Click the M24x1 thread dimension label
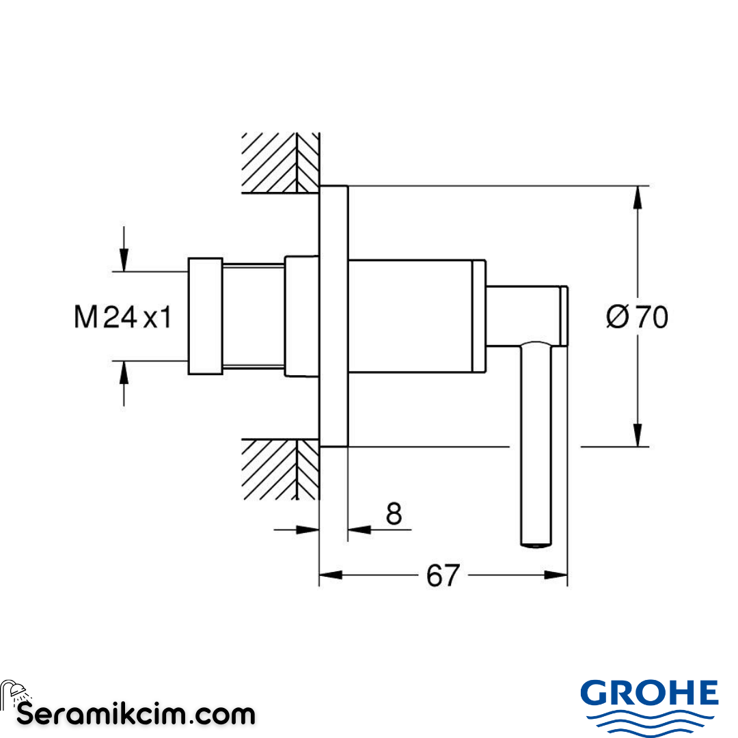click(123, 317)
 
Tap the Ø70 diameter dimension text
click(637, 317)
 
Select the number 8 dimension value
click(394, 513)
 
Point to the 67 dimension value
click(443, 575)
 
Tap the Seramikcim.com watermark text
click(136, 715)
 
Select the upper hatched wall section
click(280, 163)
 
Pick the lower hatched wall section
click(280, 469)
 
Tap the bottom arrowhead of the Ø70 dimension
click(638, 435)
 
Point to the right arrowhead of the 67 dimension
click(556, 575)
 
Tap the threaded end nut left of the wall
click(205, 316)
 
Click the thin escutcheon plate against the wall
click(333, 316)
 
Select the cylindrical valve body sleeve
click(410, 316)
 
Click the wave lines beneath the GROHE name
click(649, 722)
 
